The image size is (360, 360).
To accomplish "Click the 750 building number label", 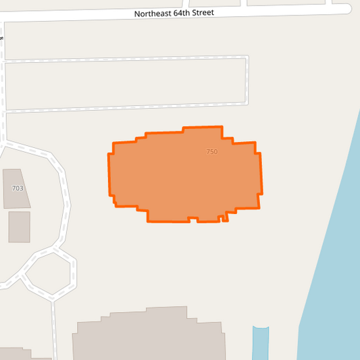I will pos(212,152).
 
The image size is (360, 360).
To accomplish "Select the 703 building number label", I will pos(18,188).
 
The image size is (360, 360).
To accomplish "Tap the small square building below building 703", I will pos(19,227).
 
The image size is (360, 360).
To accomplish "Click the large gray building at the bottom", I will pos(149,338).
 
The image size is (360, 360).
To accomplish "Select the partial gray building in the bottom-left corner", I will pos(20,355).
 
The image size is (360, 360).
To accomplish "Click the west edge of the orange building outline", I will pos(109,176).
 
